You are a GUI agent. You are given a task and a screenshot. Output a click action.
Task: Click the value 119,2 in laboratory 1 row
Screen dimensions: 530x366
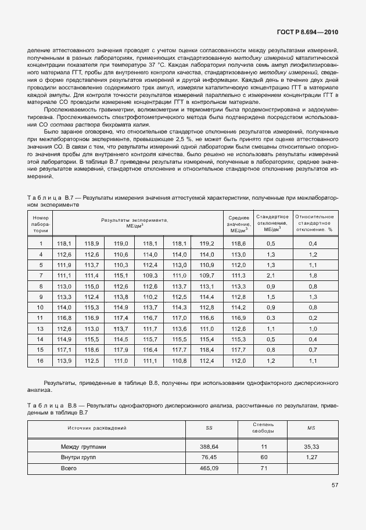(207, 244)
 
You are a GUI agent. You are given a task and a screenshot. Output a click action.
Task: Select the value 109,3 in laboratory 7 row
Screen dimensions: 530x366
(150, 275)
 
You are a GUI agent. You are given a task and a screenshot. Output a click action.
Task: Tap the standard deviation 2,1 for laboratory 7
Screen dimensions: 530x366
(270, 275)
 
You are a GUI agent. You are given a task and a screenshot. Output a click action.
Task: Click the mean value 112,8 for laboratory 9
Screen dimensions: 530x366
(238, 297)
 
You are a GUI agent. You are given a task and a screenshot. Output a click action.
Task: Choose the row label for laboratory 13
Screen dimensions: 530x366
(41, 329)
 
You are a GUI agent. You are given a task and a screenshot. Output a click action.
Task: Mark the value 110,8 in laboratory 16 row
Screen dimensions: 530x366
(178, 360)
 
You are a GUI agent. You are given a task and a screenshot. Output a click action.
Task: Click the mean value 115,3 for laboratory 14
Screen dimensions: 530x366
(238, 339)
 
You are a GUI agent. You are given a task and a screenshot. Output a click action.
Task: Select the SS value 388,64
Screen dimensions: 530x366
(209, 448)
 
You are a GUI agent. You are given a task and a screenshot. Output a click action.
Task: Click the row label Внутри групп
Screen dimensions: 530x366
(79, 457)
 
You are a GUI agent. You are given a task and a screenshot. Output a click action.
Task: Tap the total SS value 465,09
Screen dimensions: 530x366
(209, 468)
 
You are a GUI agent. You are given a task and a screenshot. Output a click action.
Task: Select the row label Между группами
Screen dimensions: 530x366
(84, 448)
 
